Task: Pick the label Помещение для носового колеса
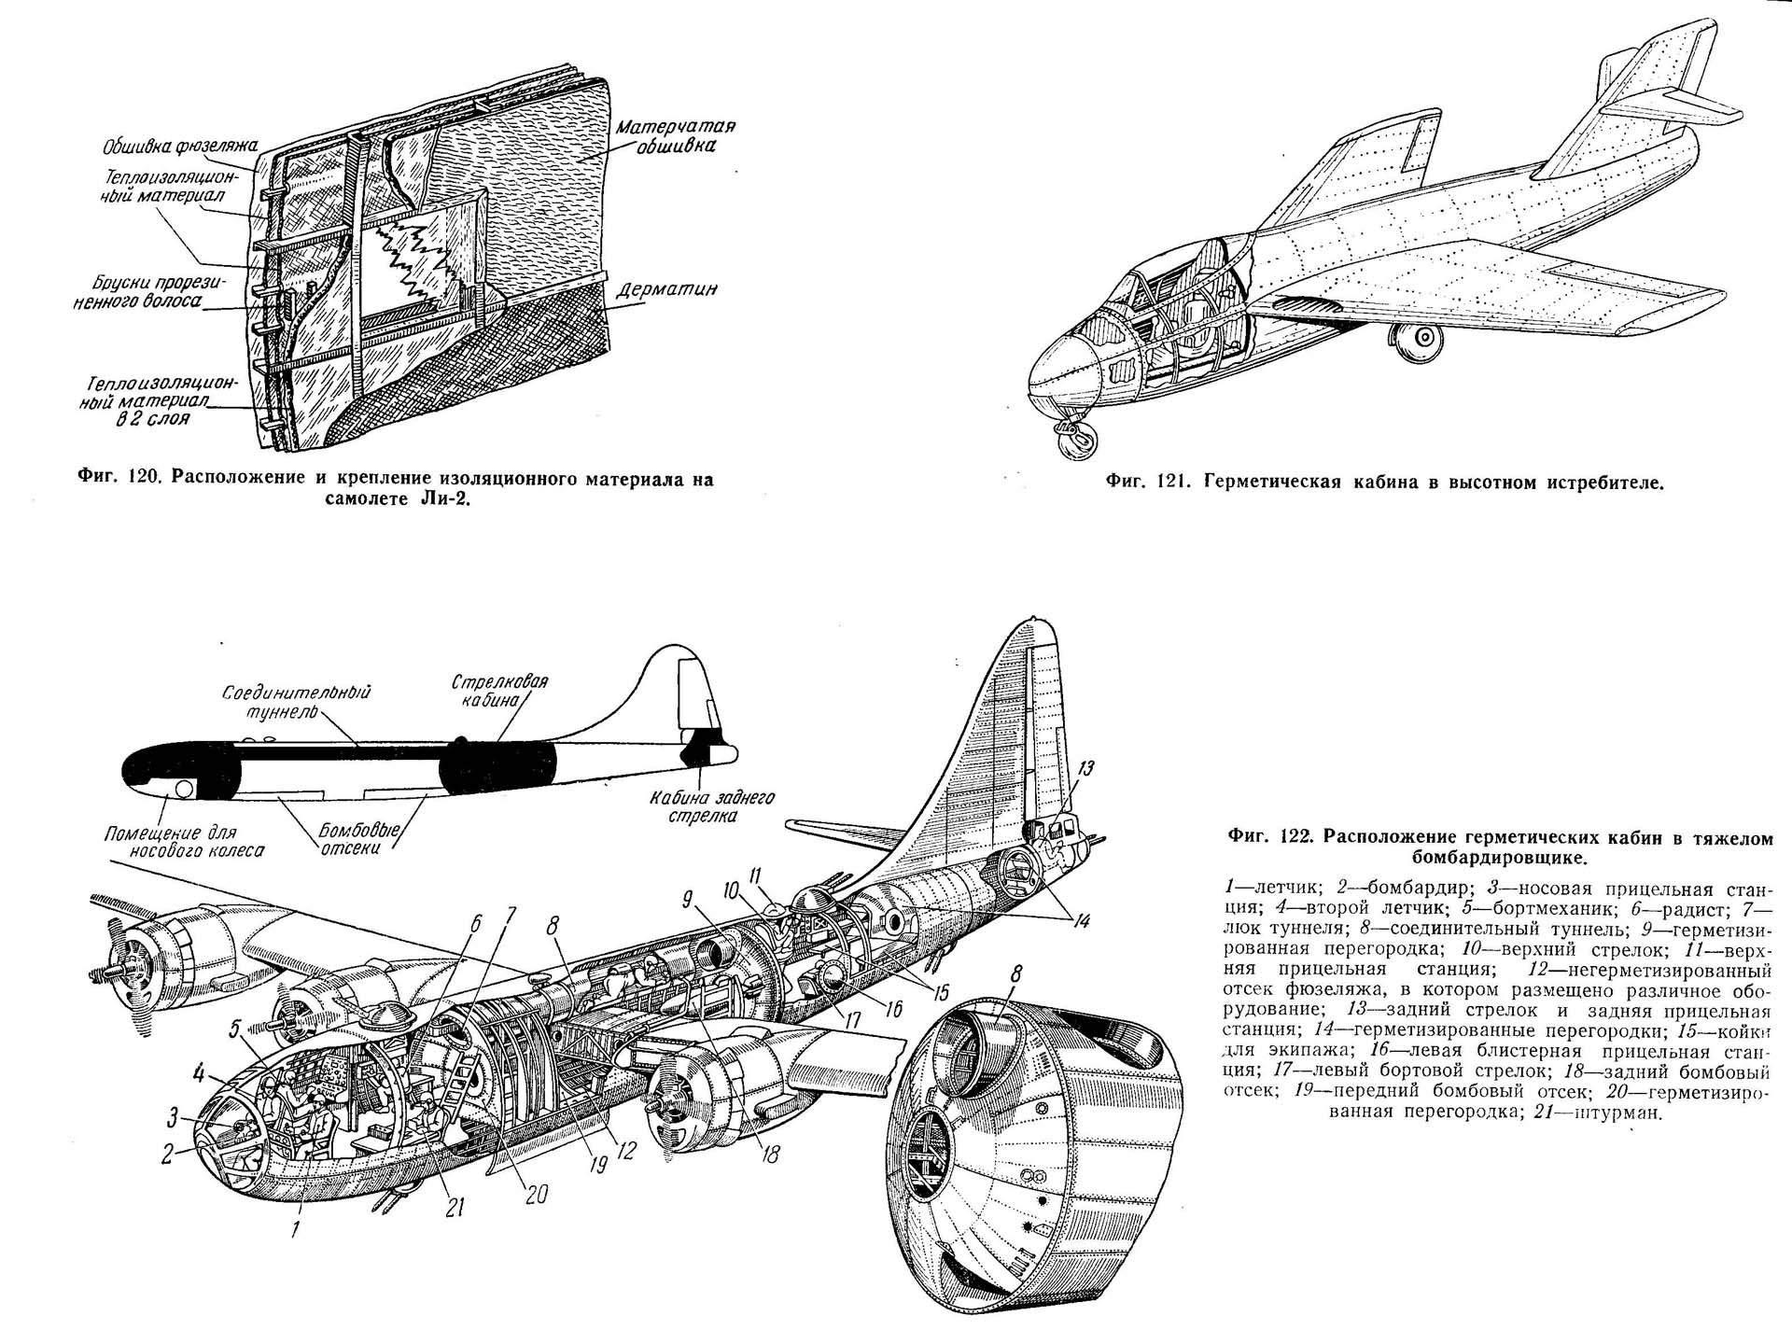coord(182,841)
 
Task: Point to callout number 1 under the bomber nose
coord(295,1230)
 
